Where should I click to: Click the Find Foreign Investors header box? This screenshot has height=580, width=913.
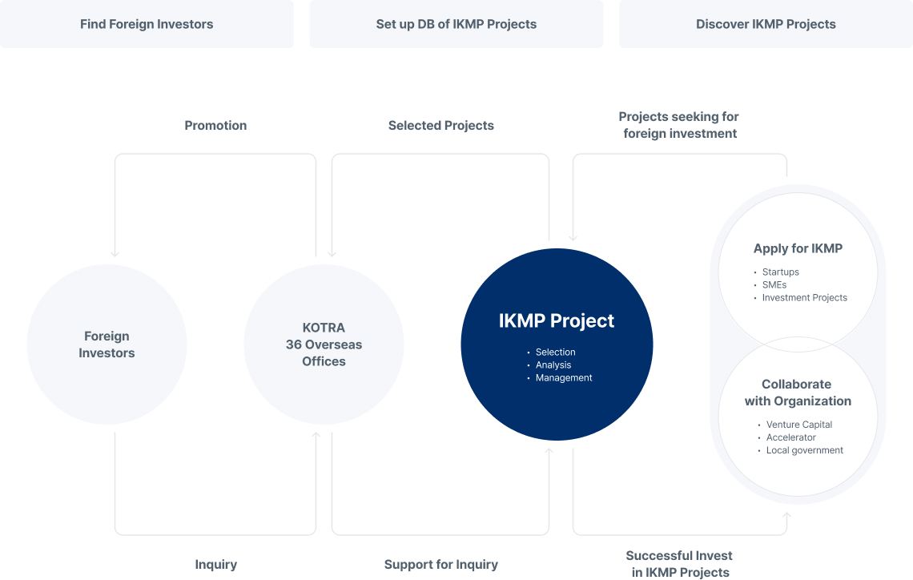(x=147, y=24)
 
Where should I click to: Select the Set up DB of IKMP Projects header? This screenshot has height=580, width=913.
(x=456, y=24)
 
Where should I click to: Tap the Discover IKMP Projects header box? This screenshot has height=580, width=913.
(x=766, y=24)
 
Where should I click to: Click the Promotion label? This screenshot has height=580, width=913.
(x=215, y=125)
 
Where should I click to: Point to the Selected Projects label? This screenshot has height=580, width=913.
(x=440, y=125)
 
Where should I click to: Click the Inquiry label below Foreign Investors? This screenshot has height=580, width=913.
(x=216, y=564)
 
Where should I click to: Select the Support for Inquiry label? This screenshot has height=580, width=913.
(x=440, y=564)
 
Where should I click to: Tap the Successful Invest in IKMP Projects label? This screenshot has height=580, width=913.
(x=680, y=564)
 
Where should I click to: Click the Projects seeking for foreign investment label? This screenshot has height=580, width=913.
(x=679, y=125)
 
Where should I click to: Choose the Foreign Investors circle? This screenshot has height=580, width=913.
(x=107, y=344)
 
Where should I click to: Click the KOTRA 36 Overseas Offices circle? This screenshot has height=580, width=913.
(x=324, y=344)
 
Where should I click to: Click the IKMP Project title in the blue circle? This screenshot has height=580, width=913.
(x=557, y=321)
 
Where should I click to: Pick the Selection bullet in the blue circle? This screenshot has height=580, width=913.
(x=556, y=352)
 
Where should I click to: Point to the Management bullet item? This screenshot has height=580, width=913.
(x=564, y=377)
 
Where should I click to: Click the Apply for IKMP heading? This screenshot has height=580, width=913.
(x=798, y=248)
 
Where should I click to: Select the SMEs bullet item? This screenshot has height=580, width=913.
(x=774, y=284)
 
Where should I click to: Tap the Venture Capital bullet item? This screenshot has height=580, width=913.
(x=799, y=425)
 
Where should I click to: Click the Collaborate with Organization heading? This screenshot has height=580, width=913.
(x=798, y=393)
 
